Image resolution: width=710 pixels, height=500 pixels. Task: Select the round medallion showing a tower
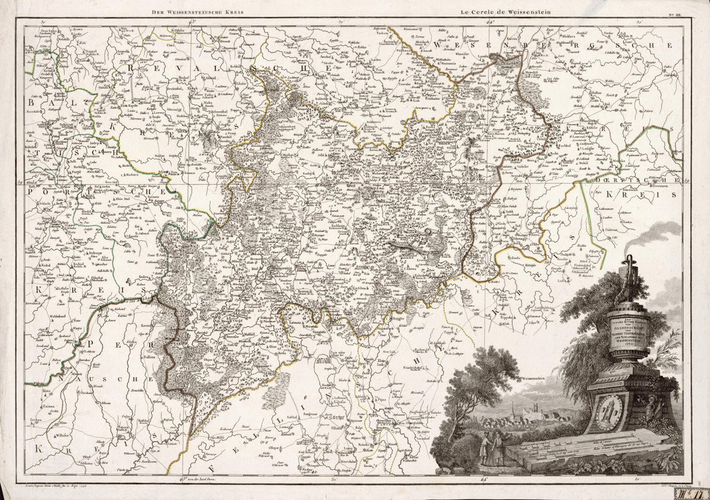609,411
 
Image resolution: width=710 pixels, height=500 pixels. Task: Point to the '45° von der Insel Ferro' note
190,479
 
